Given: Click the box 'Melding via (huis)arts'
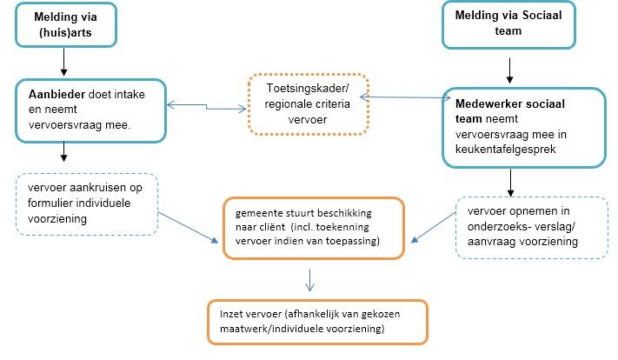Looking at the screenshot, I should point(65,24).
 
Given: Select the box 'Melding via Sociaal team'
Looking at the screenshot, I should point(499,23).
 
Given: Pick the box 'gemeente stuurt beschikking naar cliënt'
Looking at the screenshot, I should point(313,228).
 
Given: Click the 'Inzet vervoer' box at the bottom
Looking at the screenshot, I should point(316,323).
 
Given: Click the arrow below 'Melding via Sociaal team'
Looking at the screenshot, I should point(511,65).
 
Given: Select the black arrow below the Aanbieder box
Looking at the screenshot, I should point(64,153).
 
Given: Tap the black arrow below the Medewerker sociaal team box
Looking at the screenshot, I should point(511,180).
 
